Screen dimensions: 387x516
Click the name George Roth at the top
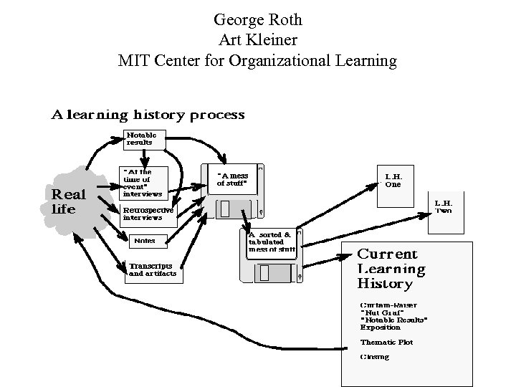[x=257, y=20]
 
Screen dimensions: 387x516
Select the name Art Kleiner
[x=257, y=40]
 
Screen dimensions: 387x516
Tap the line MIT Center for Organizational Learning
[x=257, y=60]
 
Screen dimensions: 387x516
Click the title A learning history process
[x=148, y=115]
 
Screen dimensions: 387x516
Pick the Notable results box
[x=144, y=139]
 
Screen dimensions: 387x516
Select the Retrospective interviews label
[x=148, y=214]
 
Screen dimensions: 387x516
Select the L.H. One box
[x=393, y=181]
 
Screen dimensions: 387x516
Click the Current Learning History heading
[x=391, y=269]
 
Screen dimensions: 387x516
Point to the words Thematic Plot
[x=386, y=343]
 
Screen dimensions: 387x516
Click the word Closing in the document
[x=375, y=357]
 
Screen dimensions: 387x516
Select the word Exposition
[x=381, y=328]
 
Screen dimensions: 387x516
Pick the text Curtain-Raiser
[x=385, y=305]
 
